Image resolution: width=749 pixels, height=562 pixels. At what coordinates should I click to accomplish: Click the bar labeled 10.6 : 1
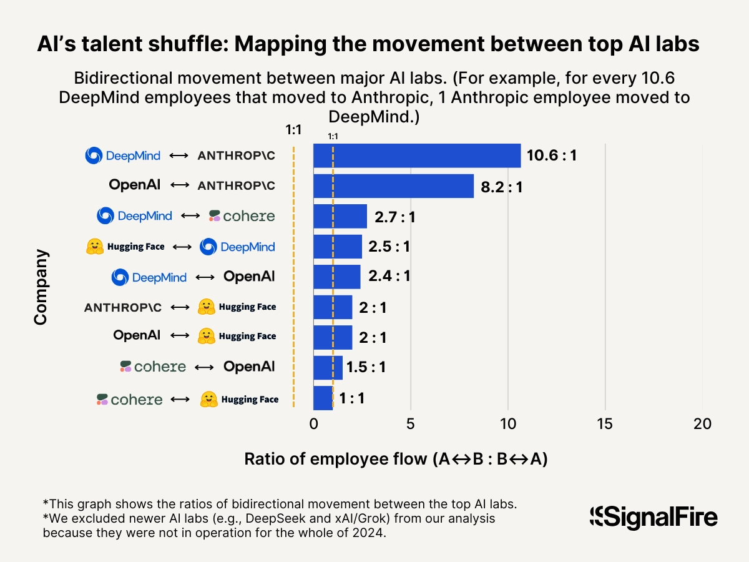(x=416, y=155)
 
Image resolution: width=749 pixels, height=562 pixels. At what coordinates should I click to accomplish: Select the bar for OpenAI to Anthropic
(x=393, y=186)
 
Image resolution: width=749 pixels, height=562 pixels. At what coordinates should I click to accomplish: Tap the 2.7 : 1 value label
(x=394, y=217)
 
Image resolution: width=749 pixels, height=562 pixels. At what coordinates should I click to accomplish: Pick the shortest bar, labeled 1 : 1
(x=323, y=398)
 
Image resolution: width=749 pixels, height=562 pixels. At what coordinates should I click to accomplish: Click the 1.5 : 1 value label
(x=366, y=367)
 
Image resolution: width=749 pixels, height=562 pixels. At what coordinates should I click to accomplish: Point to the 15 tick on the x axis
(x=605, y=425)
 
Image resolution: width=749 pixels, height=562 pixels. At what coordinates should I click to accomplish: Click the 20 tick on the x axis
(x=702, y=425)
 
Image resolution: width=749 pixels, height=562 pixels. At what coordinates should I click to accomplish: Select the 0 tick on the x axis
(x=313, y=425)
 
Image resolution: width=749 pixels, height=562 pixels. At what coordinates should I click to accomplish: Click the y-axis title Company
(x=41, y=287)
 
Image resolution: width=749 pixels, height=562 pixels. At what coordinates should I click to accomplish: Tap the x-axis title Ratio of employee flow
(x=396, y=459)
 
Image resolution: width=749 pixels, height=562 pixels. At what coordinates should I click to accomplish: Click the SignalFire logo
(x=654, y=517)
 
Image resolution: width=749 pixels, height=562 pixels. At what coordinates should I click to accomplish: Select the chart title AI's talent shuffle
(x=368, y=45)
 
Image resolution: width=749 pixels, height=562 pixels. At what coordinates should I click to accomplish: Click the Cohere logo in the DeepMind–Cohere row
(x=242, y=216)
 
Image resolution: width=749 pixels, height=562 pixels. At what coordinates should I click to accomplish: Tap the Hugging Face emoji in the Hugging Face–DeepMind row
(x=94, y=247)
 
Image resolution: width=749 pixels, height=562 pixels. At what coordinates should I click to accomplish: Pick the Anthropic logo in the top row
(x=236, y=156)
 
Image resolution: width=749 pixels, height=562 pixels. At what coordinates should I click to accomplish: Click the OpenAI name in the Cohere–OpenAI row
(x=249, y=367)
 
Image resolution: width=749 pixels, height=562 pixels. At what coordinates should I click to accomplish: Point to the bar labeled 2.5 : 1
(x=337, y=247)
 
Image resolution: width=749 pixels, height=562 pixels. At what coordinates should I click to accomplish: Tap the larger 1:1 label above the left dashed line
(x=293, y=129)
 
